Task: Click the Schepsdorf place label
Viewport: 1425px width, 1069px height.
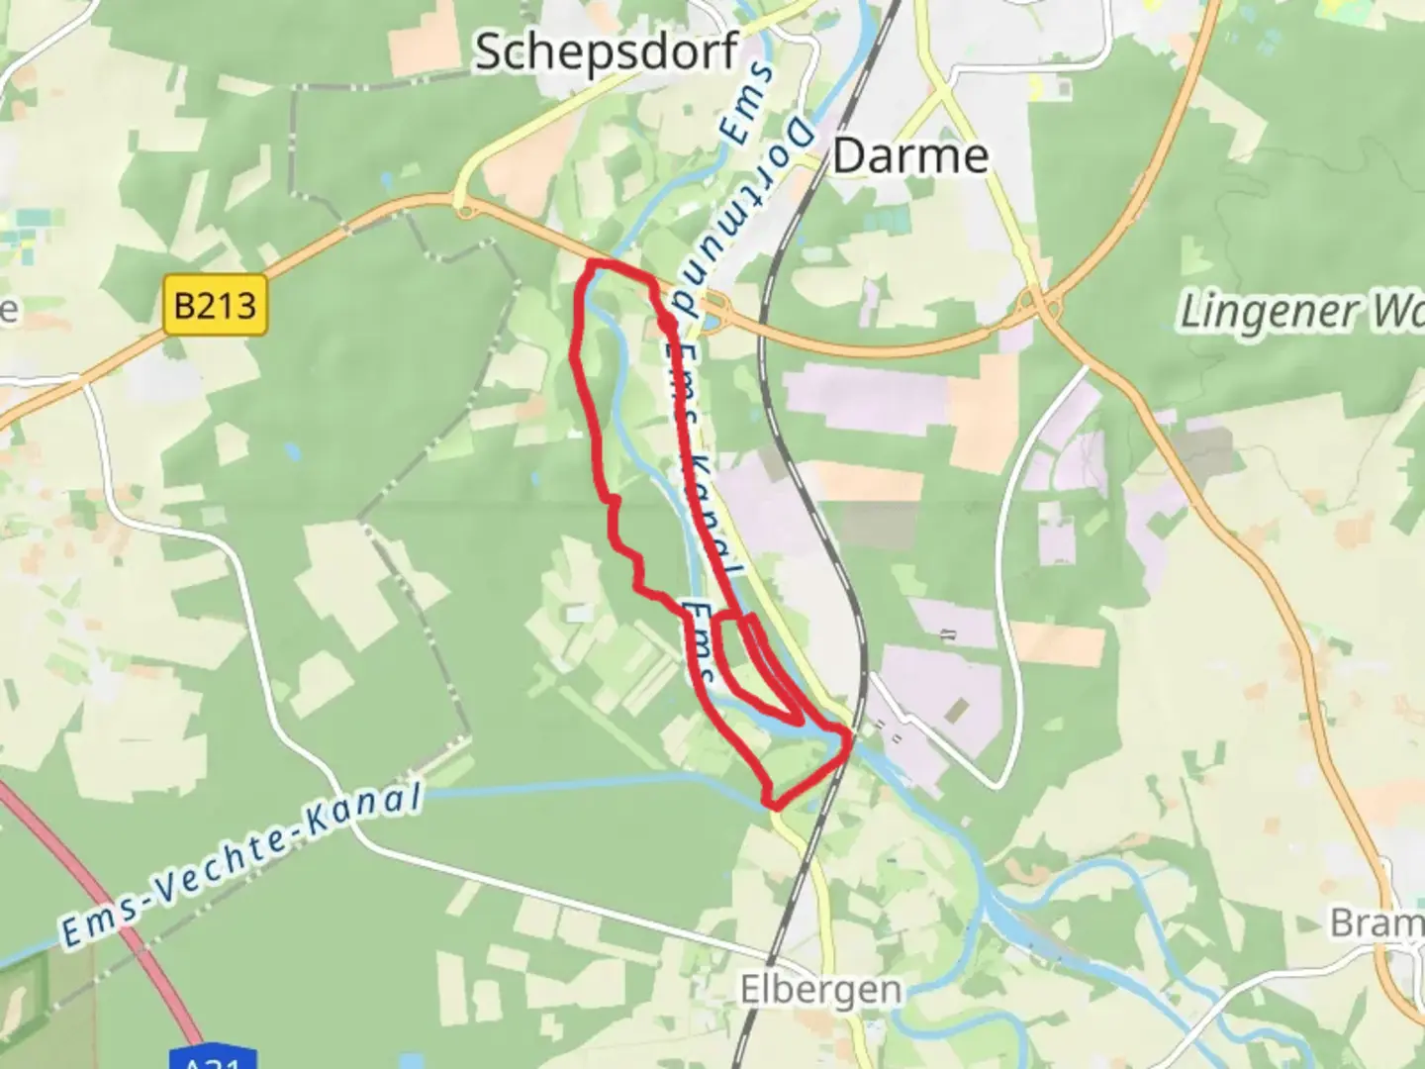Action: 607,51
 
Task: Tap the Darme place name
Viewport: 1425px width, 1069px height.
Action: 910,156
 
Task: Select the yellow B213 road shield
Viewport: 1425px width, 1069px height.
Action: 215,305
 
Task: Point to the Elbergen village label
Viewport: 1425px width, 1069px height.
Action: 820,989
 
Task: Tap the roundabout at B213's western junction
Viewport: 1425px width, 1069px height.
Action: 463,206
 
